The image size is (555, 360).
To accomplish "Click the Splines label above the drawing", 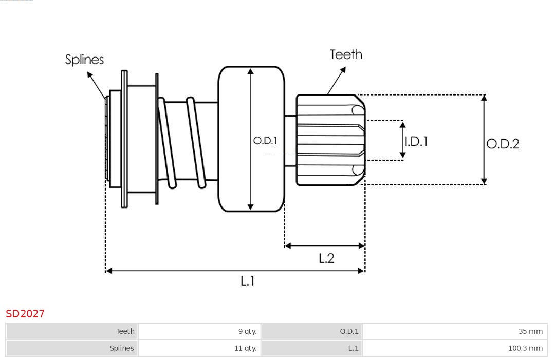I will click(84, 60).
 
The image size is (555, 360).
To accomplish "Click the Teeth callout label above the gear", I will click(346, 54).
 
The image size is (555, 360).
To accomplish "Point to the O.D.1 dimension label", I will click(265, 140).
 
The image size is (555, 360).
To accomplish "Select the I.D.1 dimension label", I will click(416, 141).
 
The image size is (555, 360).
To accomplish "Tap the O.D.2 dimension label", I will click(503, 144).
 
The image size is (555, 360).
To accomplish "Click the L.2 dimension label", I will click(326, 258).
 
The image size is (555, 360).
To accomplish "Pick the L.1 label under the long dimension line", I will click(248, 281).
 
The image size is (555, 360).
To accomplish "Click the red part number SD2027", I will click(25, 313).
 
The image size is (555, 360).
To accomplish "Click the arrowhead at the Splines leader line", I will click(89, 74).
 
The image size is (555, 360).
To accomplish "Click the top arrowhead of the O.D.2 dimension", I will click(484, 98).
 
